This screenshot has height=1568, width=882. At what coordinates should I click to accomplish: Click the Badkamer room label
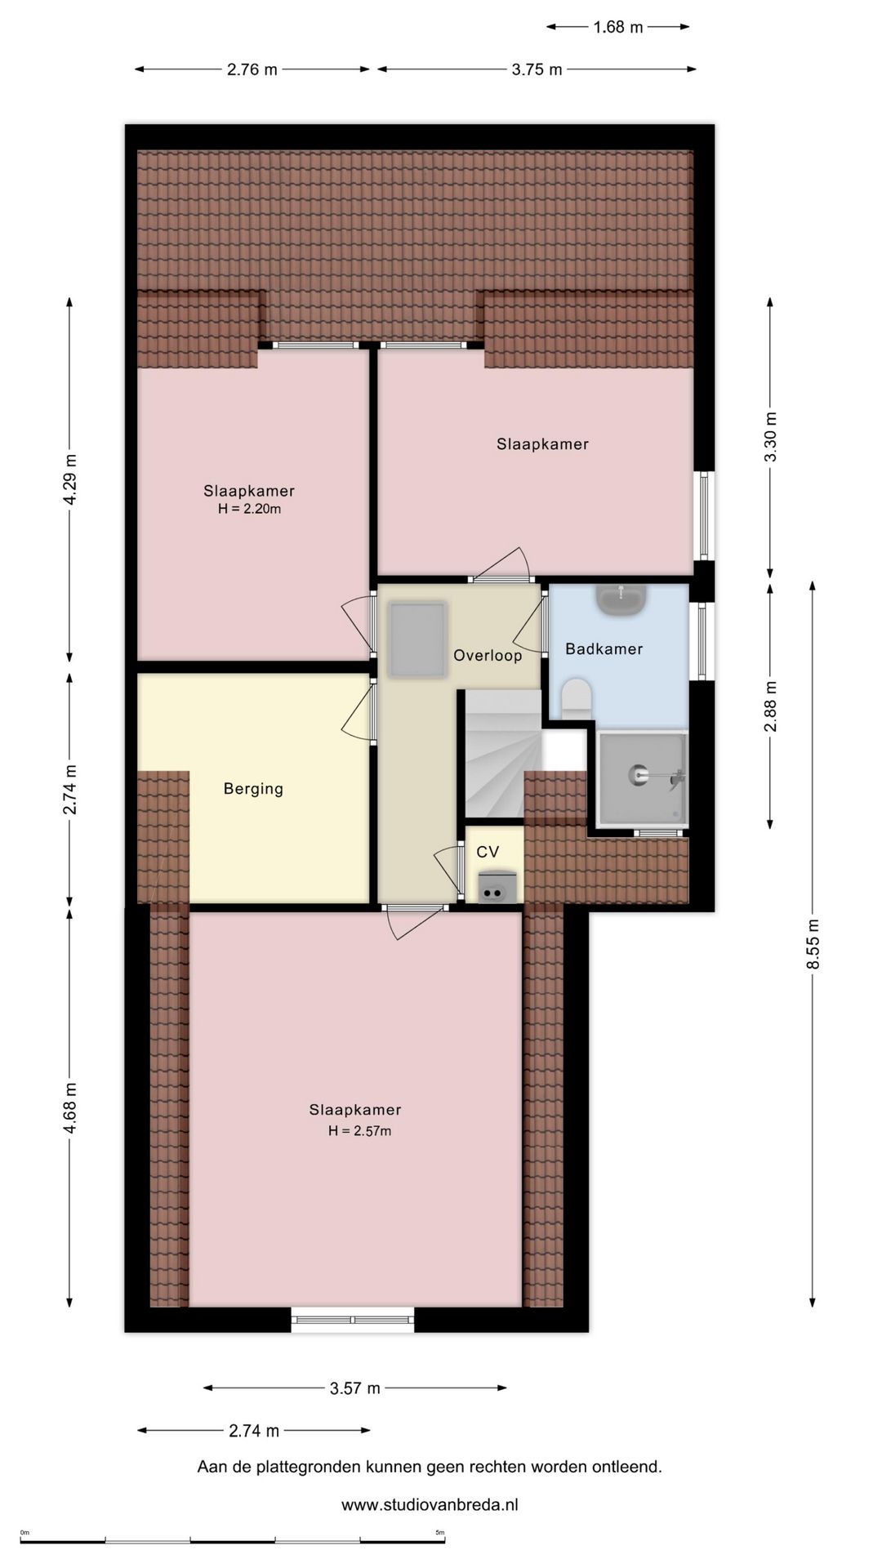(604, 649)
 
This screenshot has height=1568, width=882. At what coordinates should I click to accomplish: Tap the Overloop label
(488, 655)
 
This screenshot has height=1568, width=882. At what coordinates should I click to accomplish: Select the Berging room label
(253, 789)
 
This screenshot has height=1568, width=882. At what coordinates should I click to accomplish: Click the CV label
(488, 852)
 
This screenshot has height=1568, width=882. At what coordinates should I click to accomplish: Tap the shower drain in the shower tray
(637, 773)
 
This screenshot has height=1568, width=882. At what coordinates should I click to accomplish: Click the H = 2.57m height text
(359, 1131)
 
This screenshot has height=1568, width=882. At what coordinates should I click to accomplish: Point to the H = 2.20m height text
(249, 509)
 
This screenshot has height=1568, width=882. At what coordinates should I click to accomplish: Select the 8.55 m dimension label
(813, 943)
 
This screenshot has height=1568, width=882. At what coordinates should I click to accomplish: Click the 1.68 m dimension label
(618, 27)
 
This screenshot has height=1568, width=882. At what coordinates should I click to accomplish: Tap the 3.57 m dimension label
(355, 1388)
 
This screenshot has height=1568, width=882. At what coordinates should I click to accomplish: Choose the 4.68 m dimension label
(70, 1107)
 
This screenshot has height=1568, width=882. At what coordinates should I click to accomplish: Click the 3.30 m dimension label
(770, 437)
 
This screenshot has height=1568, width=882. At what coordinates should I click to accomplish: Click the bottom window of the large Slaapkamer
(353, 1319)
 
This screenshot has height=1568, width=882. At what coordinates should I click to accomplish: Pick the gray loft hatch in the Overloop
(417, 639)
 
